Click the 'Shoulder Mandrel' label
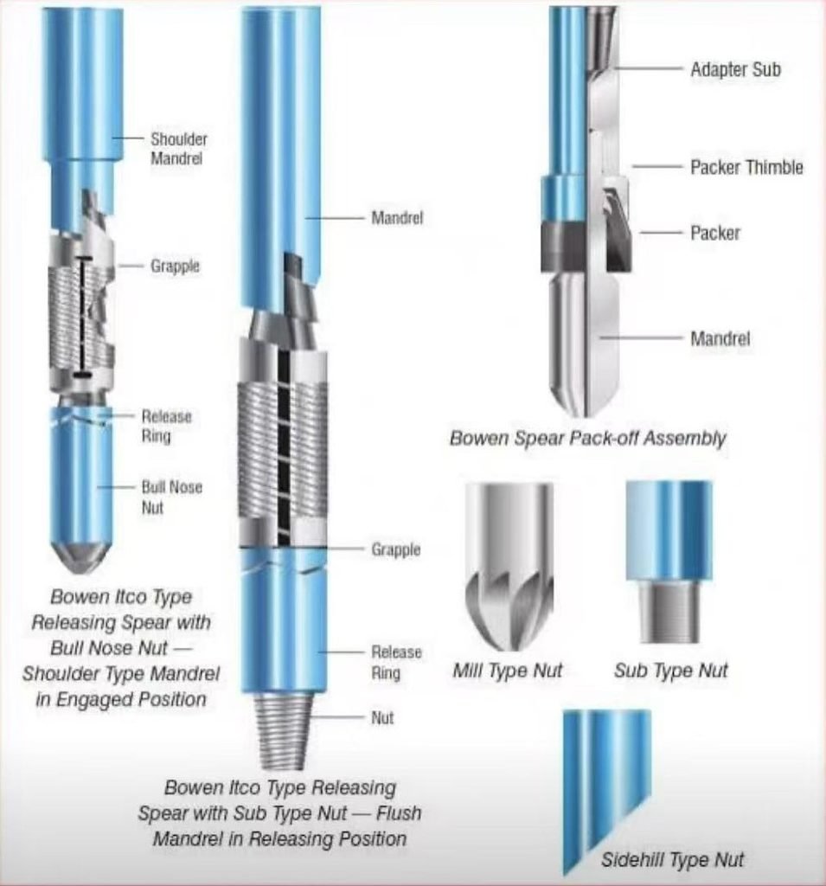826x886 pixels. point(178,149)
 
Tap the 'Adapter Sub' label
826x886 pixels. point(735,69)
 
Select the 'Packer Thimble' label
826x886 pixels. point(746,167)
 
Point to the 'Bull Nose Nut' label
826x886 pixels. point(172,498)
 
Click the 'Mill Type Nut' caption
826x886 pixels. point(508,671)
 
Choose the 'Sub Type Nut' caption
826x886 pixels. point(670,671)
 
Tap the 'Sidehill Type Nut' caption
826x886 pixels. point(672,859)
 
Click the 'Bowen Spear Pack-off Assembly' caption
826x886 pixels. point(587,438)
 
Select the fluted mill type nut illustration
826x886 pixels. point(509,566)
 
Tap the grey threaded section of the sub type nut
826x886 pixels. point(669,612)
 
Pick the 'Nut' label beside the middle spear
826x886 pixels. point(382,718)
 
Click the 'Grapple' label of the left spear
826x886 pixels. point(175,266)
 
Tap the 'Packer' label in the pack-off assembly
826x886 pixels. point(714,233)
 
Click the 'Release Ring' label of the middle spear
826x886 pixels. point(396,662)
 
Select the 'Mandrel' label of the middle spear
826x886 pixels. point(397,217)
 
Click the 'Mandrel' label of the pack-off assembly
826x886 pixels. point(720,338)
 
